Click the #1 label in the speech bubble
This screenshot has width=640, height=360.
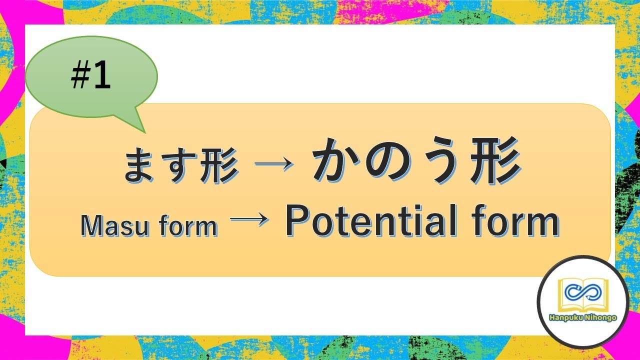coord(91,78)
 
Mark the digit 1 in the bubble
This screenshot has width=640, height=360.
coord(102,78)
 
